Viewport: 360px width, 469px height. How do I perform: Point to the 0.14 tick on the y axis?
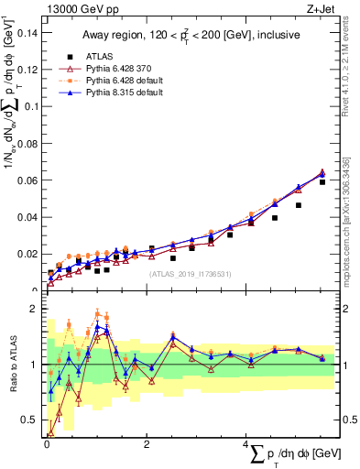(x=29, y=33)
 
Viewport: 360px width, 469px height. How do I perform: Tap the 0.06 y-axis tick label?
(x=29, y=180)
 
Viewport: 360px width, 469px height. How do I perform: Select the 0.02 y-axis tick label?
(x=29, y=253)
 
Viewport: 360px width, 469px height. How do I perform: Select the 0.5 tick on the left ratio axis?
(x=32, y=420)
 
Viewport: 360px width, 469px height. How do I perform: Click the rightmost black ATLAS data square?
(x=322, y=181)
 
